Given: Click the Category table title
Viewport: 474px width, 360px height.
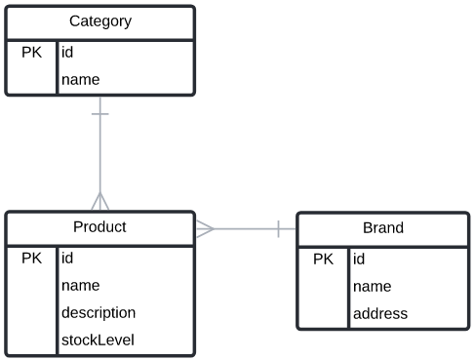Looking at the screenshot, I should [99, 21].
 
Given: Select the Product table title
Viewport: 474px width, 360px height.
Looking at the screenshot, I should [99, 227].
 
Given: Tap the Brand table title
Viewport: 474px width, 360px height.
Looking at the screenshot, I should [382, 228].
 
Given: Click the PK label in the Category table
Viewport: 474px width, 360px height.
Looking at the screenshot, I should [31, 52].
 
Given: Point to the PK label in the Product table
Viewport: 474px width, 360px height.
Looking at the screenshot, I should [31, 259].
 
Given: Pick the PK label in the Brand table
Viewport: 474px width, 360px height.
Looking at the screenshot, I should [323, 260].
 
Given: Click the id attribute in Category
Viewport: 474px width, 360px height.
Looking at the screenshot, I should [67, 53].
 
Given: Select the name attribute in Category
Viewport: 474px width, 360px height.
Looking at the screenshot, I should [80, 79].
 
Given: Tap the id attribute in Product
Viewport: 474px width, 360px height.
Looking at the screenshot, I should [67, 259].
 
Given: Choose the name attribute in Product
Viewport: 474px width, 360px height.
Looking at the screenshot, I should [80, 286].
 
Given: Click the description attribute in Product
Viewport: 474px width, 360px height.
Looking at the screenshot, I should [98, 313].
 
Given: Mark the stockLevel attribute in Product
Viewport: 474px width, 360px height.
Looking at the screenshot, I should [97, 340].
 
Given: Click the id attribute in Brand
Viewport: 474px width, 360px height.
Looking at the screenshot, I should [359, 260].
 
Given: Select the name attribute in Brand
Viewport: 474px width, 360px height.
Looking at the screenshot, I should [372, 287].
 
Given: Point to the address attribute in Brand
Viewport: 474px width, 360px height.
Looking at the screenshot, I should [379, 314].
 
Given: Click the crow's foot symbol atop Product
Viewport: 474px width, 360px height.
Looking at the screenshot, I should [99, 201].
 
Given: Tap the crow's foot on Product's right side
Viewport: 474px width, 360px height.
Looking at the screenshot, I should [205, 229].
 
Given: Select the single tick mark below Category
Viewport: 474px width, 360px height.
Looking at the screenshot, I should [99, 114].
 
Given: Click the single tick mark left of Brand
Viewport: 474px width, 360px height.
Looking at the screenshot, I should [279, 229].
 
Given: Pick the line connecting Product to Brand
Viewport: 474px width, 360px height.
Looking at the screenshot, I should [244, 229].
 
